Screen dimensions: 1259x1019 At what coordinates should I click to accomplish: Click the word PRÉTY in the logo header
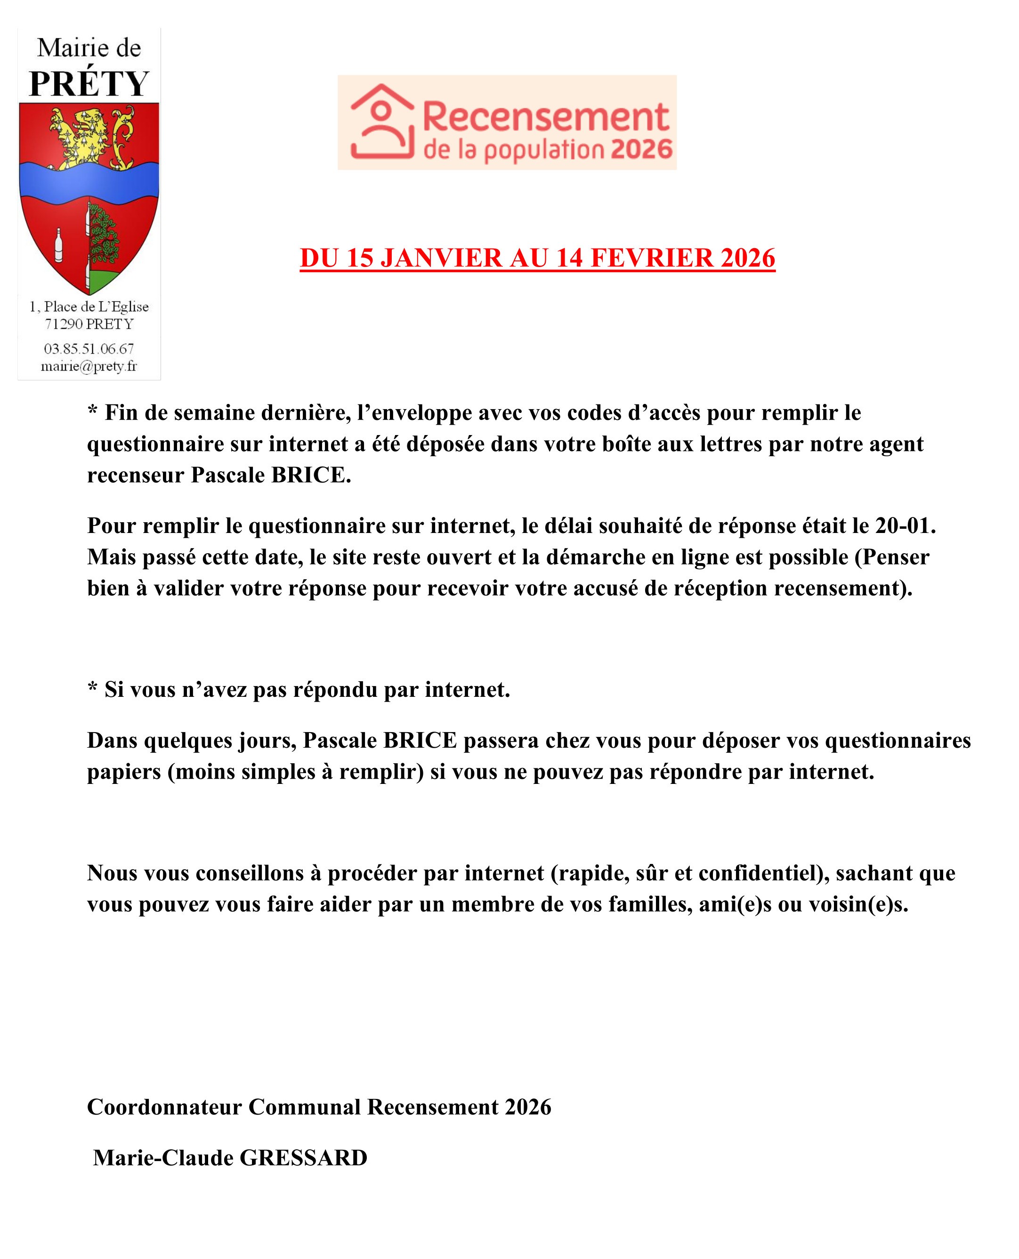(89, 84)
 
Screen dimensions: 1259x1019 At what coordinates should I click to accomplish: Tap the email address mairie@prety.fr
(89, 366)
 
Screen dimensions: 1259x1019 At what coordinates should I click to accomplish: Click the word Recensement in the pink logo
(546, 117)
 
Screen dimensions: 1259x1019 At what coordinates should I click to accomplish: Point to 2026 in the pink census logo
(641, 150)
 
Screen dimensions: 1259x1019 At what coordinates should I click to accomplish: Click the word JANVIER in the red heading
(441, 258)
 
